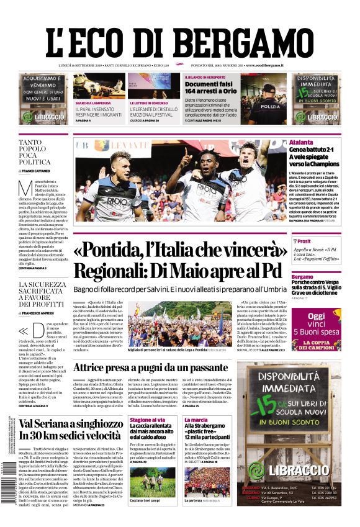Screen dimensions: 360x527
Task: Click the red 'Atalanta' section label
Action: tap(301, 142)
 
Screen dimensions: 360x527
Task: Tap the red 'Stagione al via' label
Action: tap(147, 420)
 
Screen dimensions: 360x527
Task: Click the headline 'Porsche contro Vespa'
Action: tap(315, 282)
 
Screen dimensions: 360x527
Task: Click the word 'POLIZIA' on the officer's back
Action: tap(269, 107)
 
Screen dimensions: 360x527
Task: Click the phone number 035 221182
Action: tap(328, 488)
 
